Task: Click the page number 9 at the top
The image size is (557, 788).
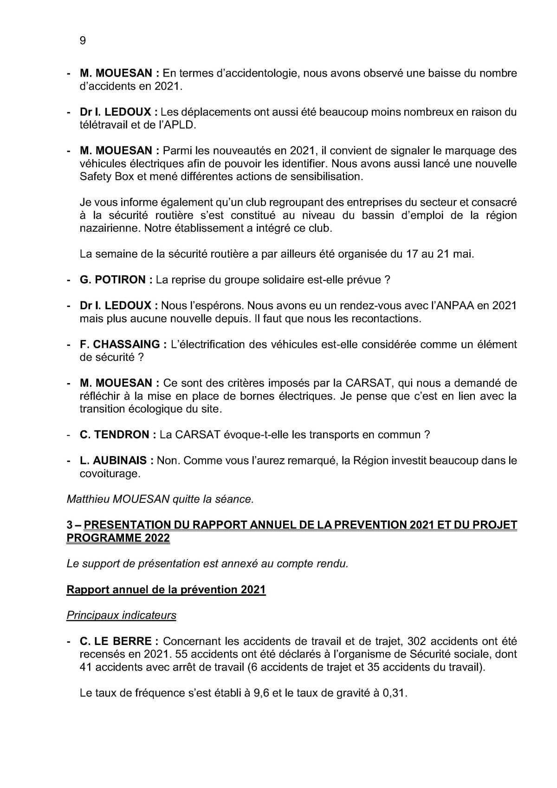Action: click(83, 41)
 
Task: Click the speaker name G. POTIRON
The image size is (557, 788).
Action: click(113, 280)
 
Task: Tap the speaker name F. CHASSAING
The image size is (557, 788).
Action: click(120, 345)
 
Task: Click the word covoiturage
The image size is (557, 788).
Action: click(109, 474)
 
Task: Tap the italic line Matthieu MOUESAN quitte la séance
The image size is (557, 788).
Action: click(160, 500)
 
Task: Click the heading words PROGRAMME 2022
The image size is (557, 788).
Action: click(118, 538)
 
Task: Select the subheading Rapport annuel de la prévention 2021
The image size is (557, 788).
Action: click(166, 590)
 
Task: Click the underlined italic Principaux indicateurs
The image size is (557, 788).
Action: click(121, 616)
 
